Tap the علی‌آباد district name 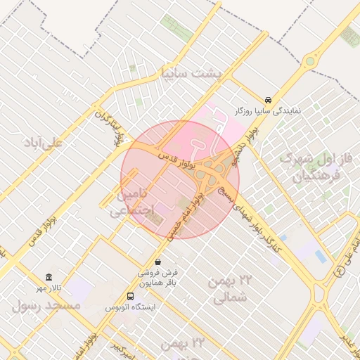[43, 143]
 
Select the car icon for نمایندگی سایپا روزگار [269, 100]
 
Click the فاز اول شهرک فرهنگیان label [310, 167]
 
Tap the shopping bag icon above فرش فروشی [157, 262]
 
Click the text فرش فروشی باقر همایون [157, 277]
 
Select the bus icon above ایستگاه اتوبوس [130, 296]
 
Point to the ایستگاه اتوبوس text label [134, 308]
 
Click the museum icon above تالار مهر [48, 277]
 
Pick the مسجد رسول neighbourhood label [46, 306]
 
